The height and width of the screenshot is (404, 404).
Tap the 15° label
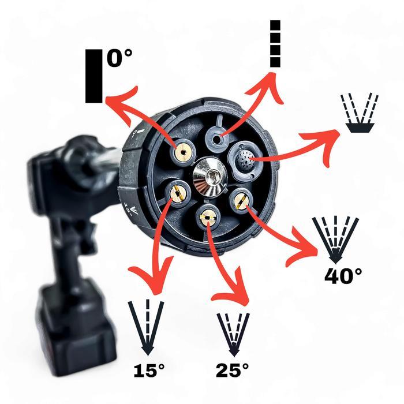tap(149, 371)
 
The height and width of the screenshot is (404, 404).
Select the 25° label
tap(233, 371)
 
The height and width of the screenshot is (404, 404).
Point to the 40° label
tap(343, 276)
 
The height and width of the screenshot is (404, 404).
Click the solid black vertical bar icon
tap(93, 76)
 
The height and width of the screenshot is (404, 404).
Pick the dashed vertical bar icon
tap(275, 44)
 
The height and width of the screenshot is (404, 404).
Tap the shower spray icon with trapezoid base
tap(360, 113)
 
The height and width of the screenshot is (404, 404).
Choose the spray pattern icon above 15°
tap(147, 327)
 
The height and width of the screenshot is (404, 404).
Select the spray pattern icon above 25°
tap(233, 334)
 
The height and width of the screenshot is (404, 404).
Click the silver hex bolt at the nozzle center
tap(210, 177)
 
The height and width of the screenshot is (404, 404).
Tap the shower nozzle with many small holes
tap(243, 160)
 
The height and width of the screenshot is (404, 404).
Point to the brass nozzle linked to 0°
tap(182, 152)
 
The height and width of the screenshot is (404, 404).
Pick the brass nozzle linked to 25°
tap(208, 218)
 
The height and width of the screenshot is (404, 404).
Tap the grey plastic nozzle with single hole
tap(217, 139)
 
